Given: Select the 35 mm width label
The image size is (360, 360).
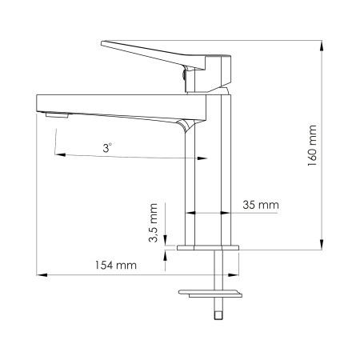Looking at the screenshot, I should [x=262, y=205].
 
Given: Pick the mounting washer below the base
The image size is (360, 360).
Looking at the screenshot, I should [x=209, y=293].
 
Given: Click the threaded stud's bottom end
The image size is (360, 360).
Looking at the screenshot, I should [x=216, y=316].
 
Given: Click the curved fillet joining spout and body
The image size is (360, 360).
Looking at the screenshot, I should [x=186, y=126].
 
